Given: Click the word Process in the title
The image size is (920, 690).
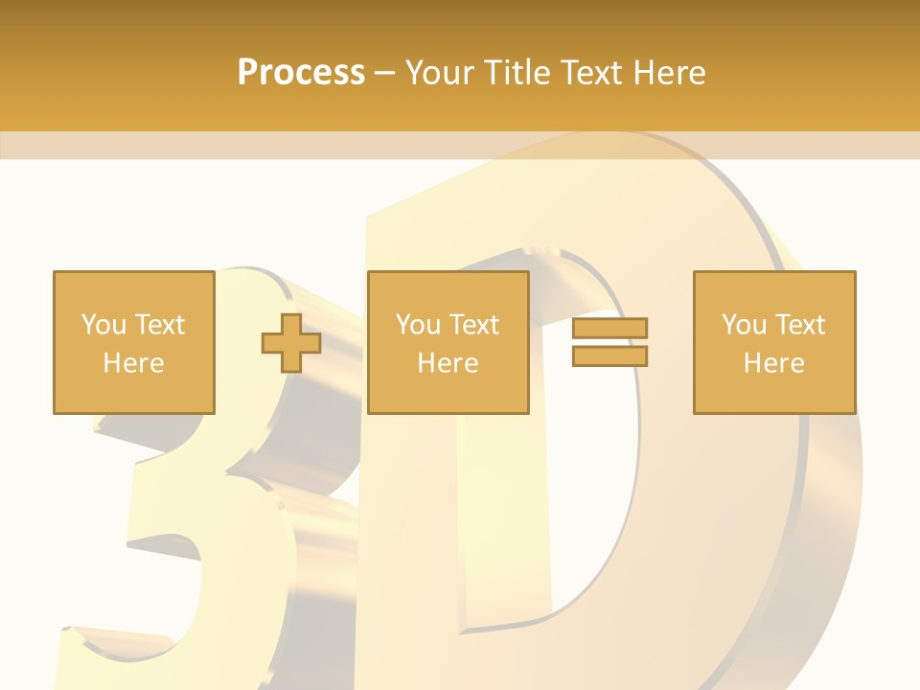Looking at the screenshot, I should pyautogui.click(x=301, y=73).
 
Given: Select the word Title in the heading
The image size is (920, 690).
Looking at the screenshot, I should pyautogui.click(x=519, y=73).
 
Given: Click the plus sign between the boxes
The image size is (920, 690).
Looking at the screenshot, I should pyautogui.click(x=291, y=343).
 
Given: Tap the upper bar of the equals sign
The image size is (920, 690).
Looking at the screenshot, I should pyautogui.click(x=609, y=328).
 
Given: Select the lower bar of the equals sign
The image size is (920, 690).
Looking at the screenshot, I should pyautogui.click(x=609, y=356).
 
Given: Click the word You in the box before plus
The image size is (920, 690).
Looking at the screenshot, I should pyautogui.click(x=103, y=325).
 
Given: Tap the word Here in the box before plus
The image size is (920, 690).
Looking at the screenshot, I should pyautogui.click(x=133, y=363).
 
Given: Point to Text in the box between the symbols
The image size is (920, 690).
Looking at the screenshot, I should pyautogui.click(x=474, y=325).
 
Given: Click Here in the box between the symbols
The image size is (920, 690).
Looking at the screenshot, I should pyautogui.click(x=448, y=363).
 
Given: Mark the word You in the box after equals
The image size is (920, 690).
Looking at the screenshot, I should pyautogui.click(x=743, y=325).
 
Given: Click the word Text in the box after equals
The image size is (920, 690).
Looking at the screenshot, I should pyautogui.click(x=800, y=325).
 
